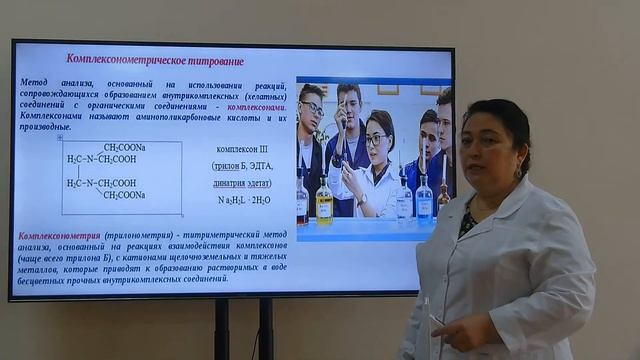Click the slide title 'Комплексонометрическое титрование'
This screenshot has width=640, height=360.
coord(154,60)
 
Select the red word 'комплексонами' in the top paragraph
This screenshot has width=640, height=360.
coord(256,105)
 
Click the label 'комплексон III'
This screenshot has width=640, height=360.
coord(242,149)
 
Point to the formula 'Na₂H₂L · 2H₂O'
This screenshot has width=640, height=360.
coord(243,199)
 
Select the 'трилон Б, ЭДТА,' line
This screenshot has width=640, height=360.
coord(243,166)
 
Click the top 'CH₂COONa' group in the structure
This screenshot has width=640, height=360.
coord(124,148)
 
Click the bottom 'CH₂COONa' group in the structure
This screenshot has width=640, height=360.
coord(124,195)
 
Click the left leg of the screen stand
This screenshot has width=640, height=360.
coord(222,329)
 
